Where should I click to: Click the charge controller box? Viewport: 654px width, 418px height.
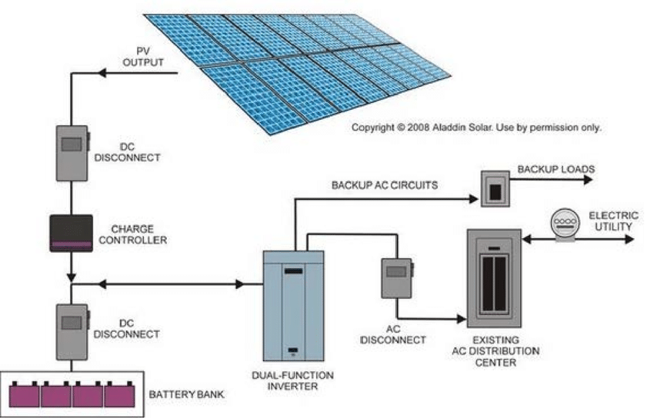click(72, 233)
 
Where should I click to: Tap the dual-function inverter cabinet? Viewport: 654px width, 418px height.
click(293, 306)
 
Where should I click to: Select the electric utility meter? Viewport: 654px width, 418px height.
click(566, 225)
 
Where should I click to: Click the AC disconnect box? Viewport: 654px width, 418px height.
click(397, 278)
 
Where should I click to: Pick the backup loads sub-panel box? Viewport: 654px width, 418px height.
click(495, 188)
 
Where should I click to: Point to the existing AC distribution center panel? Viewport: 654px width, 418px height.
click(494, 277)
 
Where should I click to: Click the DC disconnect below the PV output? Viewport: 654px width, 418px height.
click(72, 153)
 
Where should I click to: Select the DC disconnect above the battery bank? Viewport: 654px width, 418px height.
click(72, 332)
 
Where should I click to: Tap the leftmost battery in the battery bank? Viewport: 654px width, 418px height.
click(25, 394)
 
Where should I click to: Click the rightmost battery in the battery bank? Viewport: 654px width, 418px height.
click(120, 394)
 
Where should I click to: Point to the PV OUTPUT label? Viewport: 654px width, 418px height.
click(143, 57)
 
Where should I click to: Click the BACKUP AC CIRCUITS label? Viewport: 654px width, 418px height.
click(385, 185)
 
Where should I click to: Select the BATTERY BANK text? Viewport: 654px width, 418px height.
click(186, 394)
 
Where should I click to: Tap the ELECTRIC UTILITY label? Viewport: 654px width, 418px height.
click(613, 221)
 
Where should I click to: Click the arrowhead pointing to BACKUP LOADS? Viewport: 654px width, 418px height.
click(588, 180)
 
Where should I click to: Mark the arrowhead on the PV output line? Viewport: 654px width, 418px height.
click(102, 73)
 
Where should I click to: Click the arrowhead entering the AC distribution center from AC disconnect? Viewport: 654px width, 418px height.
click(462, 320)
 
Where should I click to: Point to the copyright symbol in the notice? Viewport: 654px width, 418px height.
click(400, 128)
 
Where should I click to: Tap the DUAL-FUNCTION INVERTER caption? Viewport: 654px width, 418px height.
click(293, 381)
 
